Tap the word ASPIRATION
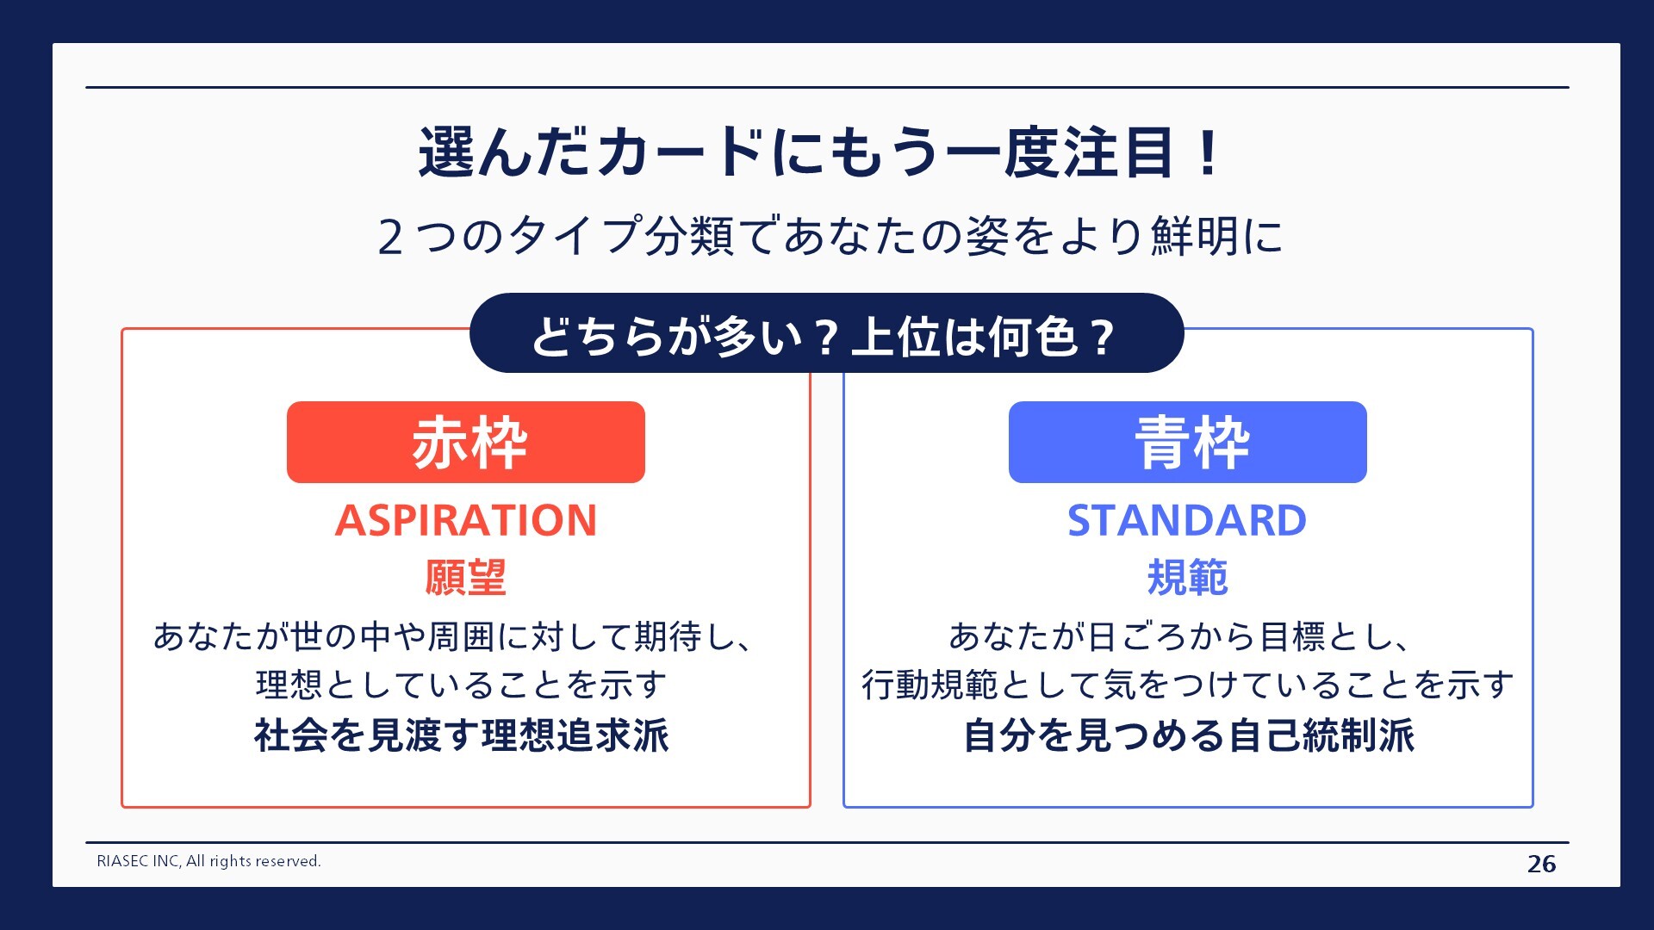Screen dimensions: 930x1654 click(x=466, y=520)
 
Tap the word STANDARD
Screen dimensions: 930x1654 click(x=1187, y=520)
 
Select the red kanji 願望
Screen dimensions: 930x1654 click(x=466, y=577)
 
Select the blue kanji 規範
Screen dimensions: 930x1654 click(x=1187, y=577)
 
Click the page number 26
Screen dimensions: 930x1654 click(x=1541, y=864)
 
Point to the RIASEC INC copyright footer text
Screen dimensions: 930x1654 click(x=208, y=861)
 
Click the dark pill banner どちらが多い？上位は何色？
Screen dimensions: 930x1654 click(x=825, y=334)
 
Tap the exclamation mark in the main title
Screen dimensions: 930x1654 click(x=1208, y=152)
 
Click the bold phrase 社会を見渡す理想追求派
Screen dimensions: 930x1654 click(x=462, y=735)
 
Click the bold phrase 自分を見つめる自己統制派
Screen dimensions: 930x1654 click(x=1188, y=735)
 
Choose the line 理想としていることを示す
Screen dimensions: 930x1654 click(x=462, y=685)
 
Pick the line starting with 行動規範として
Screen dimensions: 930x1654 click(x=1188, y=685)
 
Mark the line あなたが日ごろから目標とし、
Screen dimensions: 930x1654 click(x=1180, y=636)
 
